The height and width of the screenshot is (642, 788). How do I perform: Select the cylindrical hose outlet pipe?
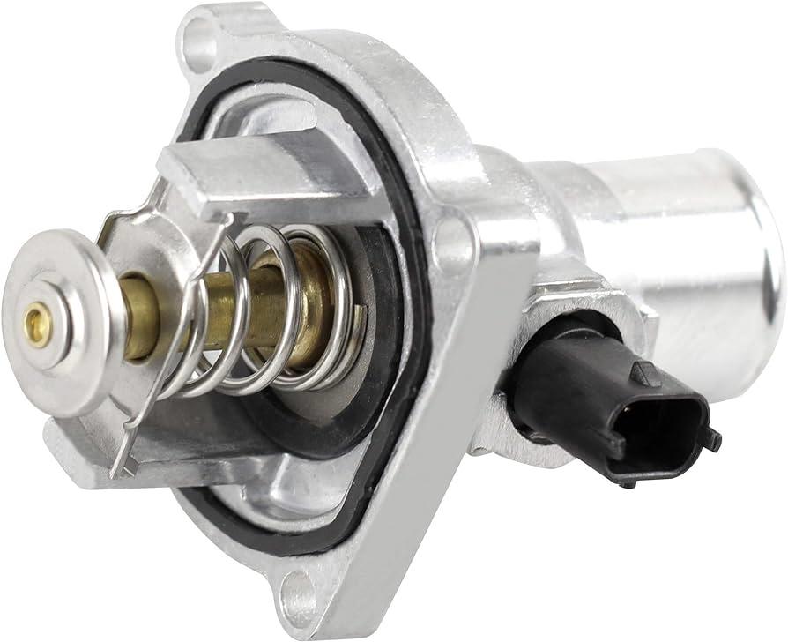[670, 229]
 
